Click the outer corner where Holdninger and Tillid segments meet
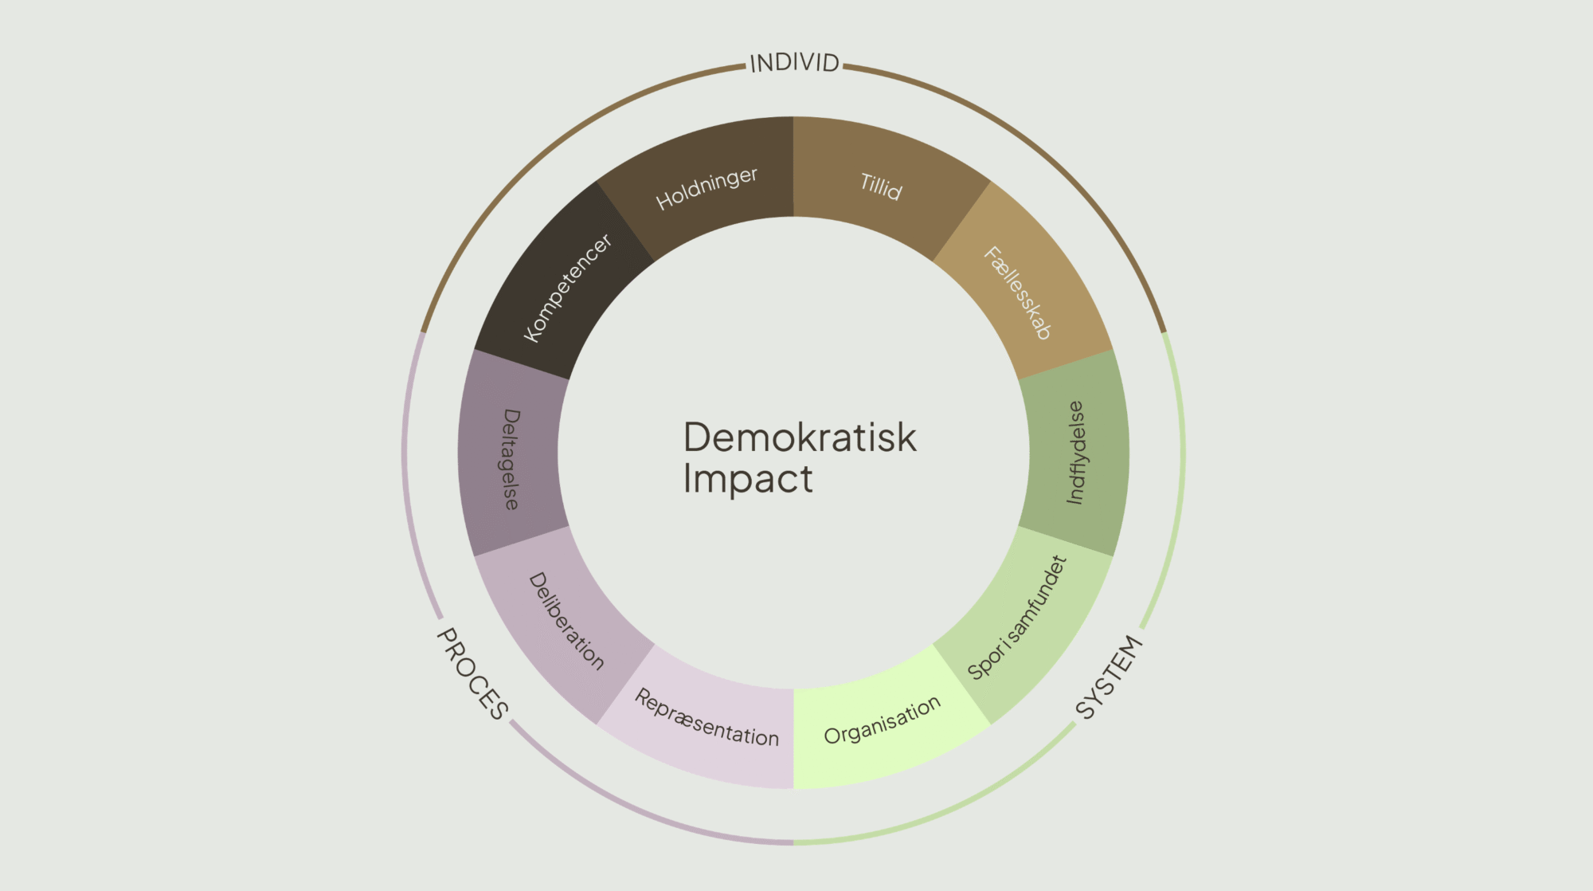click(x=793, y=117)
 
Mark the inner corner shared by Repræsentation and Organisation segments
click(x=793, y=689)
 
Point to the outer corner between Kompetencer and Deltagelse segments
click(x=475, y=350)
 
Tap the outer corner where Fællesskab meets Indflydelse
click(x=1112, y=350)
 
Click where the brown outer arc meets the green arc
click(x=1164, y=332)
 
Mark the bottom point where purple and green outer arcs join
click(x=793, y=842)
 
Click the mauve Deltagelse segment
click(x=509, y=453)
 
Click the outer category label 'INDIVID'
click(x=794, y=63)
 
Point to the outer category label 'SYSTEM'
click(x=1110, y=677)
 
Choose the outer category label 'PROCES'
click(x=472, y=674)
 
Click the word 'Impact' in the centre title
click(x=748, y=479)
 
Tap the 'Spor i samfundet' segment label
click(x=1017, y=618)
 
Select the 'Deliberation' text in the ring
click(x=566, y=621)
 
